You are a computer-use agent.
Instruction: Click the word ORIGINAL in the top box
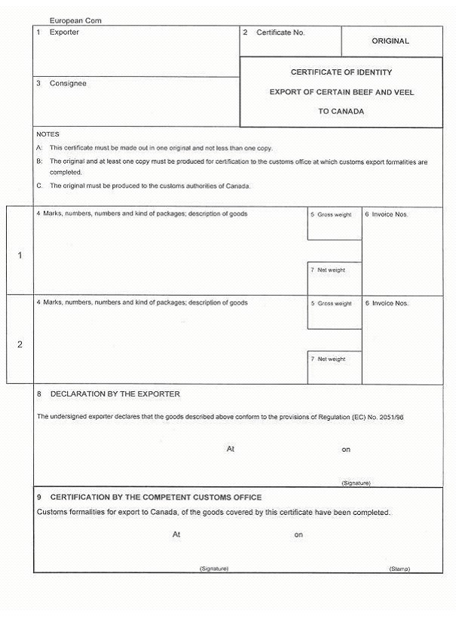click(x=390, y=41)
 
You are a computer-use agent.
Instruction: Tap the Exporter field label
click(x=64, y=32)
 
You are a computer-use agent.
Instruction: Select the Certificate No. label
click(x=280, y=32)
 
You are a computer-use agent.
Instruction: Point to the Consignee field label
click(x=68, y=83)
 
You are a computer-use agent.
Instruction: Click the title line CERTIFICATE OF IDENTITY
click(x=341, y=72)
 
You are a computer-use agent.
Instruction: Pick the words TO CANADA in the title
click(x=341, y=111)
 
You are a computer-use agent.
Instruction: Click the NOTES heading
click(x=47, y=134)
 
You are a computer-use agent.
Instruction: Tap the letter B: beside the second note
click(x=39, y=161)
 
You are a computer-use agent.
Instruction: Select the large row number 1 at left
click(x=20, y=256)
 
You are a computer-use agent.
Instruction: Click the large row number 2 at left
click(x=20, y=345)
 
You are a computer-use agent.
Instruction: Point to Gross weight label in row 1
click(x=334, y=215)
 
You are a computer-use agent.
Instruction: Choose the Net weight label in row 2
click(x=331, y=359)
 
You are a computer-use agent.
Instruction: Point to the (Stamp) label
click(x=399, y=568)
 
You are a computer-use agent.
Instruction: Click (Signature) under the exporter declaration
click(x=356, y=483)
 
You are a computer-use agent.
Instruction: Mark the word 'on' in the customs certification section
click(x=298, y=535)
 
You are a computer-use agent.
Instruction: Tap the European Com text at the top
click(x=75, y=20)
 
